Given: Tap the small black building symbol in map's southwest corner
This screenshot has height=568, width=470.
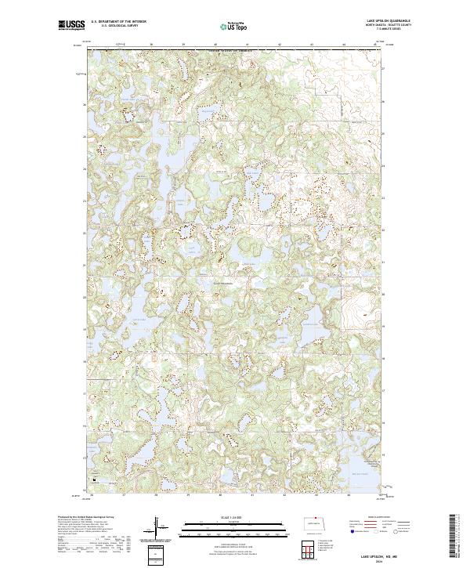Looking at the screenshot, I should click(x=95, y=479).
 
